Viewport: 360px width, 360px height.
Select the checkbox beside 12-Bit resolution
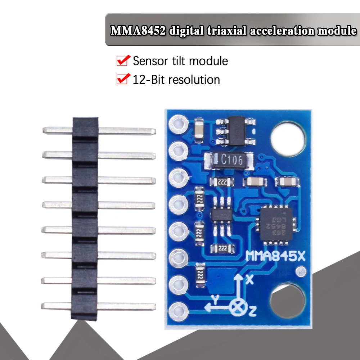click(x=123, y=79)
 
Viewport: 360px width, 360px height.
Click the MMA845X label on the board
click(x=275, y=257)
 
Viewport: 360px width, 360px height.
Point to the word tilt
click(x=179, y=61)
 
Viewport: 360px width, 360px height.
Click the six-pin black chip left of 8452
click(x=220, y=216)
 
